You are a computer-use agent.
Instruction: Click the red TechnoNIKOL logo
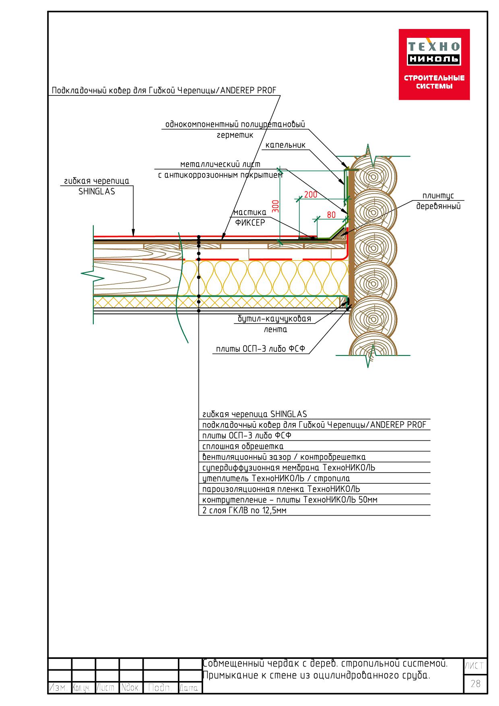(x=434, y=64)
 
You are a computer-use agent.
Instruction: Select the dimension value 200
(x=311, y=195)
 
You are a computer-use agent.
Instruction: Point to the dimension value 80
(x=331, y=215)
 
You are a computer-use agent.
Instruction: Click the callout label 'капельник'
(x=285, y=145)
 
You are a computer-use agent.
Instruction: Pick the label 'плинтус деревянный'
(x=438, y=201)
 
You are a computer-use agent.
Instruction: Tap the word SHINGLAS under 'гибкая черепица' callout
(x=97, y=192)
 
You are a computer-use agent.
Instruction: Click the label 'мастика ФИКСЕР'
(x=250, y=217)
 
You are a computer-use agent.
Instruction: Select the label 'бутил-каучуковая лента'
(x=274, y=324)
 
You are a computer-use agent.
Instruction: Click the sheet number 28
(x=475, y=683)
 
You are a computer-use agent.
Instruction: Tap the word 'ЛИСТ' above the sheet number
(x=475, y=666)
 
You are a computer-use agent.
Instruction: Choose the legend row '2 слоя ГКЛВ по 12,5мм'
(x=244, y=511)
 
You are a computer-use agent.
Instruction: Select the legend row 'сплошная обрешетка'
(x=243, y=446)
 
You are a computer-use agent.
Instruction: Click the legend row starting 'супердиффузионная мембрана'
(x=289, y=468)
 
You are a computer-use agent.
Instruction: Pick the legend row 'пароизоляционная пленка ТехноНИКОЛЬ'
(x=281, y=489)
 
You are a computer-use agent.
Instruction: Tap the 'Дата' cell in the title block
(x=190, y=688)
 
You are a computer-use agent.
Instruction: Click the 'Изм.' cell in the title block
(x=60, y=688)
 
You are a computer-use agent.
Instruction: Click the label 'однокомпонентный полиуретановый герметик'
(x=235, y=130)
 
